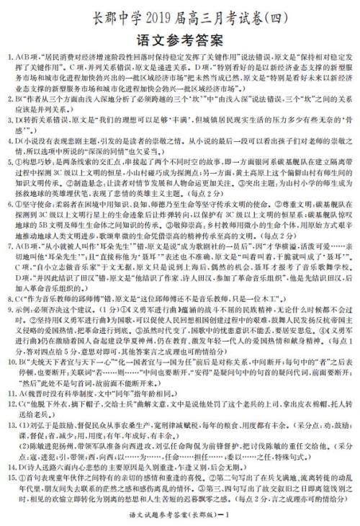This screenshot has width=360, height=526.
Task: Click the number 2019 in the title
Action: (149, 14)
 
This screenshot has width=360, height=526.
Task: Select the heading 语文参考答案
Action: (179, 37)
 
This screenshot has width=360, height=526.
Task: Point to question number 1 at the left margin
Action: (8, 57)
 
